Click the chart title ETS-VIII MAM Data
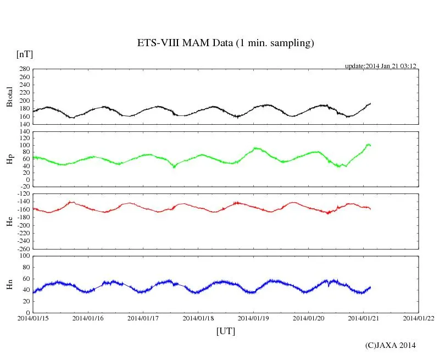click(x=225, y=43)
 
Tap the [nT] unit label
click(x=24, y=54)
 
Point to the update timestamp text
click(x=380, y=66)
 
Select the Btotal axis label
click(x=9, y=97)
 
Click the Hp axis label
click(x=9, y=159)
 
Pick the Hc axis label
click(x=9, y=221)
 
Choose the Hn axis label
click(x=9, y=284)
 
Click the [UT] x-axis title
click(x=225, y=331)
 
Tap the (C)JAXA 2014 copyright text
click(x=390, y=345)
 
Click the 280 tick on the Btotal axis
click(x=24, y=70)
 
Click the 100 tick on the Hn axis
click(x=24, y=256)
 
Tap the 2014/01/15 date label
click(x=33, y=318)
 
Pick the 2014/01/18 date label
click(x=198, y=318)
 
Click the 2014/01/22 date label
click(x=419, y=318)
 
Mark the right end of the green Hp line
click(x=371, y=146)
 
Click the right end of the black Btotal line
click(x=371, y=103)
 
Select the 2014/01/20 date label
click(x=309, y=318)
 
